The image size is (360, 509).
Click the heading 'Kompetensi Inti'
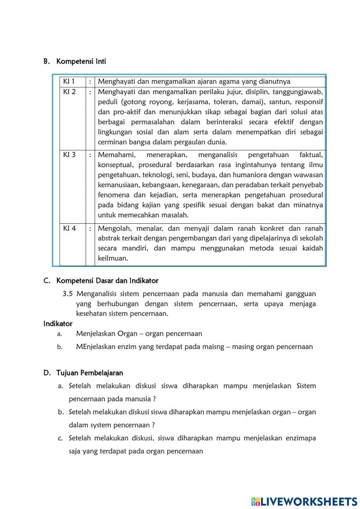click(81, 61)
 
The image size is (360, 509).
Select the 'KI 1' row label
click(69, 81)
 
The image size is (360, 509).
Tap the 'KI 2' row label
click(69, 92)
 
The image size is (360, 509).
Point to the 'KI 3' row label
click(69, 155)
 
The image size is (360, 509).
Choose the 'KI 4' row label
click(69, 228)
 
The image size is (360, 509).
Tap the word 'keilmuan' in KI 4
click(113, 258)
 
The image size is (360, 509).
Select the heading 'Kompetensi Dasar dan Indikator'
click(107, 281)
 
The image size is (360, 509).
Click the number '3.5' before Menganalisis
click(68, 294)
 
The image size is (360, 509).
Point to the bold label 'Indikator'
click(58, 323)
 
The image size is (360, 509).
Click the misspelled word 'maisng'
click(212, 347)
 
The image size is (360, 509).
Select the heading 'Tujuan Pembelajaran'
click(89, 373)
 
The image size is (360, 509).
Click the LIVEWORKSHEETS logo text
click(309, 501)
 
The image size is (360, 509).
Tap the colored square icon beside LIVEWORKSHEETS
click(255, 501)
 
